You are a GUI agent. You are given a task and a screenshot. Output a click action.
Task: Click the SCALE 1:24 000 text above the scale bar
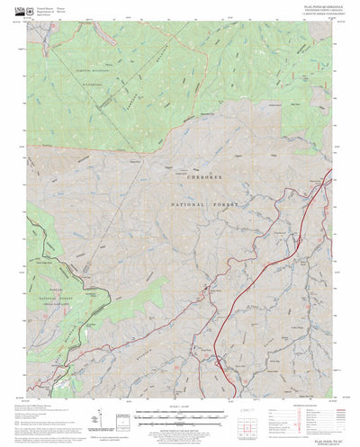[x=180, y=407]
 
